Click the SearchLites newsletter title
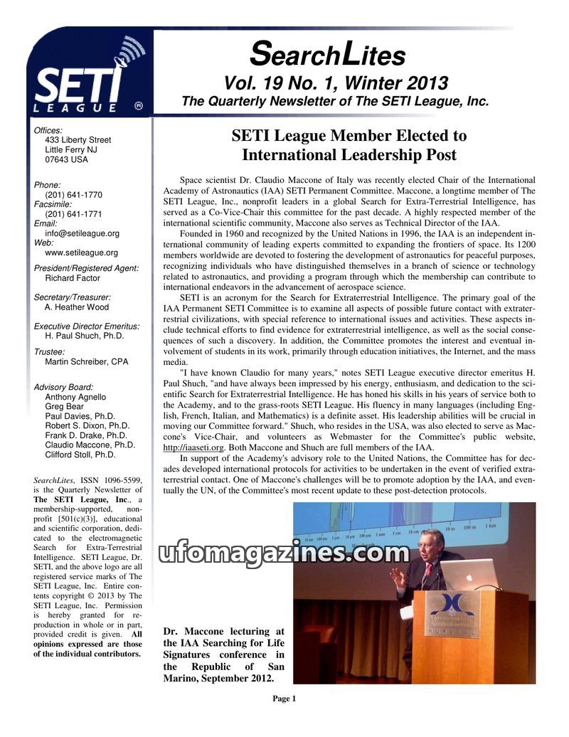[x=328, y=54]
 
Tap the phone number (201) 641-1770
[x=73, y=195]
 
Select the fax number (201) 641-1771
[x=73, y=214]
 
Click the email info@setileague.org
[x=82, y=233]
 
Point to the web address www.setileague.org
[x=81, y=253]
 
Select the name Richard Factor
[x=73, y=279]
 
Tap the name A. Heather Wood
[x=77, y=307]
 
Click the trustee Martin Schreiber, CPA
[x=86, y=362]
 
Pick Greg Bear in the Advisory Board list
[x=64, y=407]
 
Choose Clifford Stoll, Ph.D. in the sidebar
[x=80, y=455]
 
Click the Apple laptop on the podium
[x=468, y=575]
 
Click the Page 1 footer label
[x=284, y=699]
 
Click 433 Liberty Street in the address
[x=78, y=140]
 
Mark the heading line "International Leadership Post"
[x=349, y=154]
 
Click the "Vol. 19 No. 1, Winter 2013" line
[x=336, y=83]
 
